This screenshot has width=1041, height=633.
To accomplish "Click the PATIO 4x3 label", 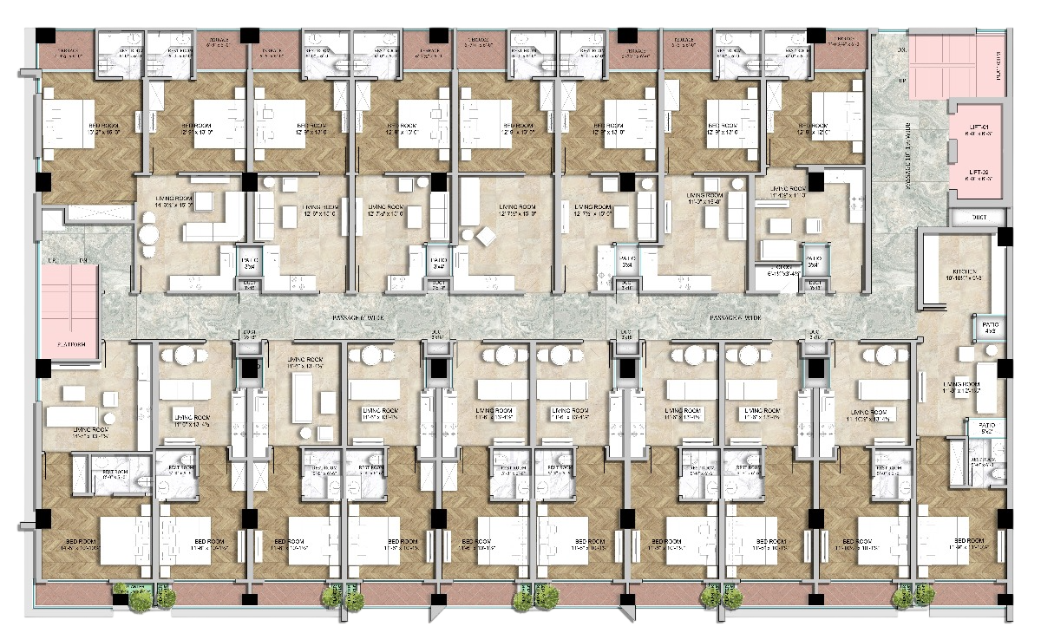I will click(x=992, y=328).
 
